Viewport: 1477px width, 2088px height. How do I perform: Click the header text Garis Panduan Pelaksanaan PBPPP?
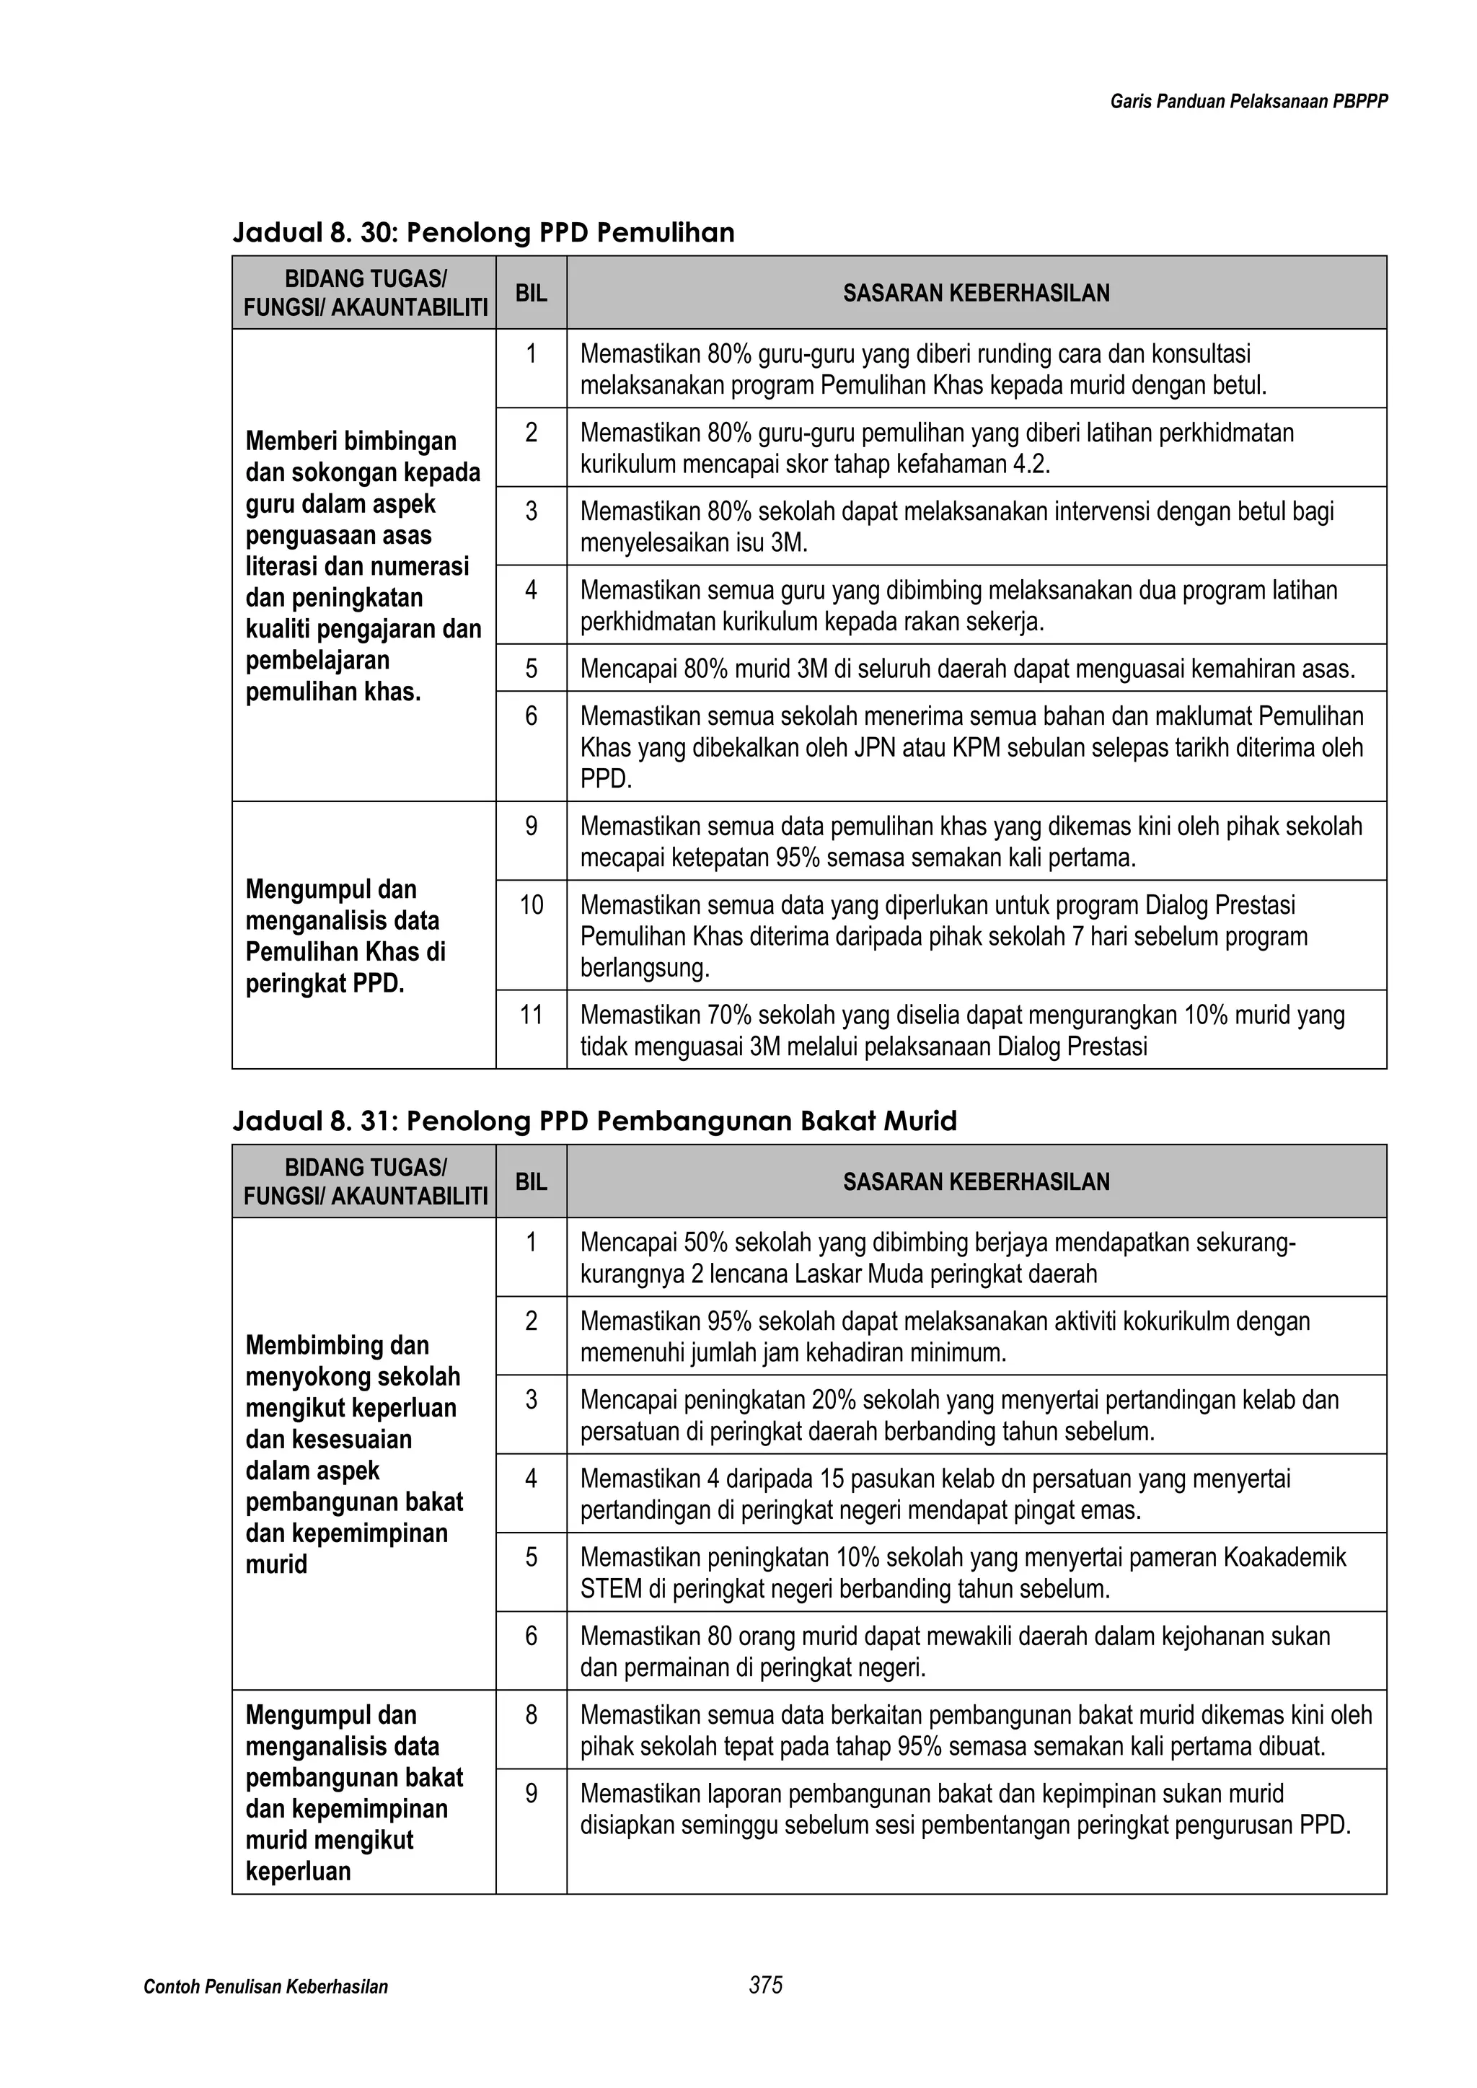click(x=1248, y=102)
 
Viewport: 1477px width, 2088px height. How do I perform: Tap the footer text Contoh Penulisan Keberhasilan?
click(x=265, y=1986)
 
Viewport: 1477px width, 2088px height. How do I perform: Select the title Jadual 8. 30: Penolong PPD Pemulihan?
click(x=483, y=233)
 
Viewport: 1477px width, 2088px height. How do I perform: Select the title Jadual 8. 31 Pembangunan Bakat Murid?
click(x=595, y=1120)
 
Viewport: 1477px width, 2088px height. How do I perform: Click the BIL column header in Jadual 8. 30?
click(x=531, y=293)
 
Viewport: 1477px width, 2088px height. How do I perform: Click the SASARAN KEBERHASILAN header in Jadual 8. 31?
click(x=976, y=1181)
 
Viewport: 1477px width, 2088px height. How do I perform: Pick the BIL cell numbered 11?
click(x=531, y=1014)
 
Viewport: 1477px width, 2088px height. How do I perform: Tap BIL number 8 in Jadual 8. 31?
click(x=531, y=1714)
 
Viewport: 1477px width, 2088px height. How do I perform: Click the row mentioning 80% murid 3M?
click(x=967, y=669)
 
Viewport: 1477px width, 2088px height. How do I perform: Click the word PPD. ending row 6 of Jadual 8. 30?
click(x=605, y=780)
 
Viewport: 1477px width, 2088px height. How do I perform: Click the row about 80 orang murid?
click(x=955, y=1652)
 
